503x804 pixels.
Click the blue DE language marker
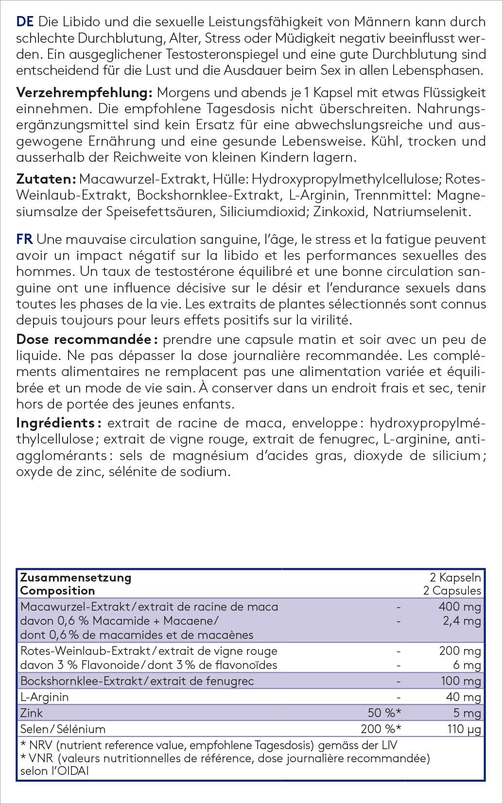point(25,22)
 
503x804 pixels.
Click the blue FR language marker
point(24,239)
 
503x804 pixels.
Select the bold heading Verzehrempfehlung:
point(85,93)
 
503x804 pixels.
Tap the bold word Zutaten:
point(46,179)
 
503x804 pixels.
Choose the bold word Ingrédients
point(55,423)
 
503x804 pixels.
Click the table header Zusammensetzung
point(75,578)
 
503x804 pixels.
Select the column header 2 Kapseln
point(455,578)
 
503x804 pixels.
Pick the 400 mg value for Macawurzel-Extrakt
point(459,607)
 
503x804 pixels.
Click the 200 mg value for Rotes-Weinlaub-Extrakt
point(460,651)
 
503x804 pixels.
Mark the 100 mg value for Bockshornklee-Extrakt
point(460,681)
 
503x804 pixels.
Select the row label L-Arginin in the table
point(44,697)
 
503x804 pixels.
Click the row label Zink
point(32,713)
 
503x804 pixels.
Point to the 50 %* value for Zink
point(384,713)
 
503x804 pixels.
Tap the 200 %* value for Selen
point(381,729)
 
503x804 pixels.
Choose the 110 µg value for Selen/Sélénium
point(464,729)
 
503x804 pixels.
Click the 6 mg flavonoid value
point(467,665)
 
